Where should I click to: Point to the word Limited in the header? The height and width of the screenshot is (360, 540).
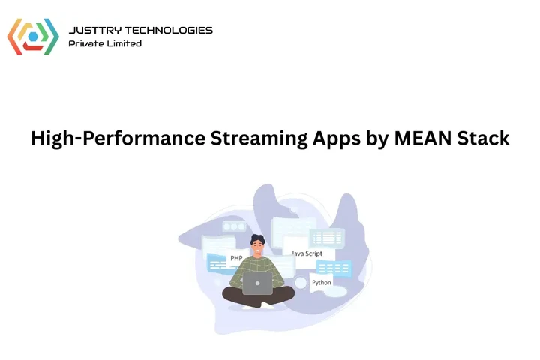pyautogui.click(x=125, y=43)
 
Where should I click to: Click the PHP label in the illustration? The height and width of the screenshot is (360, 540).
pyautogui.click(x=237, y=258)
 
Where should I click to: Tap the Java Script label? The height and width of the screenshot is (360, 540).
pyautogui.click(x=307, y=253)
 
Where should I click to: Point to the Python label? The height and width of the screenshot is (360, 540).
pyautogui.click(x=322, y=283)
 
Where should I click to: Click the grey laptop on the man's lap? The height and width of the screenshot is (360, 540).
pyautogui.click(x=258, y=283)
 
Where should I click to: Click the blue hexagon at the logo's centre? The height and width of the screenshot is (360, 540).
pyautogui.click(x=33, y=37)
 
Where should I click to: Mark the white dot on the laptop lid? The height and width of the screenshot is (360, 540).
pyautogui.click(x=258, y=283)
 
